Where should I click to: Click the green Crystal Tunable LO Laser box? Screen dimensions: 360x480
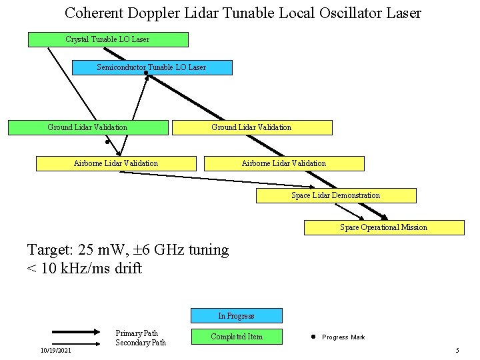107,39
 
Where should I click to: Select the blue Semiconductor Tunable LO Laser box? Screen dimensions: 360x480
151,67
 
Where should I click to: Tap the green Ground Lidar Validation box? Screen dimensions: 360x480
87,127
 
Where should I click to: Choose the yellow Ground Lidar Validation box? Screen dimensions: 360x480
251,127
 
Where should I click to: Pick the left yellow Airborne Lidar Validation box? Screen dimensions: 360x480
116,163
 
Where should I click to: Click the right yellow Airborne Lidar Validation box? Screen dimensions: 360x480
283,163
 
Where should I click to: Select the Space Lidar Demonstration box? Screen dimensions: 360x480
336,195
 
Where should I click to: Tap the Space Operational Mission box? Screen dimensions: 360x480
383,227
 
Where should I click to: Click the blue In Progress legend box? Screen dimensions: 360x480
236,315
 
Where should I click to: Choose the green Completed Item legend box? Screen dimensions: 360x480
236,337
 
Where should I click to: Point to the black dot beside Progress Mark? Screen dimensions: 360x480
313,337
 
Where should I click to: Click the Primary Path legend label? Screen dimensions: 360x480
137,333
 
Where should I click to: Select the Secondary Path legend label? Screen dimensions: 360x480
140,343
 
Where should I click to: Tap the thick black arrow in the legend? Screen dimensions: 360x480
76,331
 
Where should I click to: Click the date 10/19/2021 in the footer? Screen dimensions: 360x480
57,351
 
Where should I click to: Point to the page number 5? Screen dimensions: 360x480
457,351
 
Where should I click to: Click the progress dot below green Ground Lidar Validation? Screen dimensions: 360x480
107,141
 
